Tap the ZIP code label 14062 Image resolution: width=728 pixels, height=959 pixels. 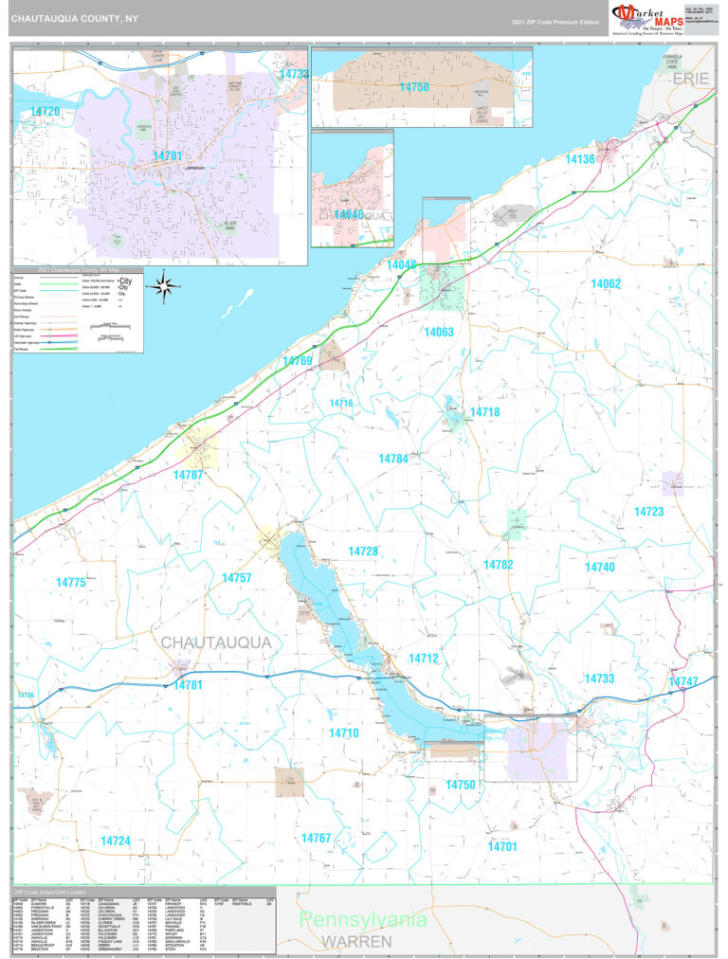(x=605, y=284)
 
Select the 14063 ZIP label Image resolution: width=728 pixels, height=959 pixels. (x=439, y=333)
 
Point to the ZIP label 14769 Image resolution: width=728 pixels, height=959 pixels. (x=297, y=361)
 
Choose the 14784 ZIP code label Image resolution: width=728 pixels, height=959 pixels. (x=392, y=459)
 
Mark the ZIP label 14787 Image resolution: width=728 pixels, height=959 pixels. (x=188, y=474)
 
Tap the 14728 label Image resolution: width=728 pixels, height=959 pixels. (x=362, y=552)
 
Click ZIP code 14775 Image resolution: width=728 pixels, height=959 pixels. (x=70, y=583)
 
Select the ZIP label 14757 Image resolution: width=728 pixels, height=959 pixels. (x=237, y=577)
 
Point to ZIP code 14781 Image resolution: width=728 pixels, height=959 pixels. (x=188, y=685)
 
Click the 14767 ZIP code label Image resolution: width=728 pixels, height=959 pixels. (x=316, y=838)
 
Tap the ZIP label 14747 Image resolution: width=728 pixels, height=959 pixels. (x=682, y=682)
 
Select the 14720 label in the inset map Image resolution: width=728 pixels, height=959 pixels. (x=45, y=112)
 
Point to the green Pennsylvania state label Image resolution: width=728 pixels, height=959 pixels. (x=365, y=920)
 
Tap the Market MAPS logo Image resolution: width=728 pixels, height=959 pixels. (x=646, y=17)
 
